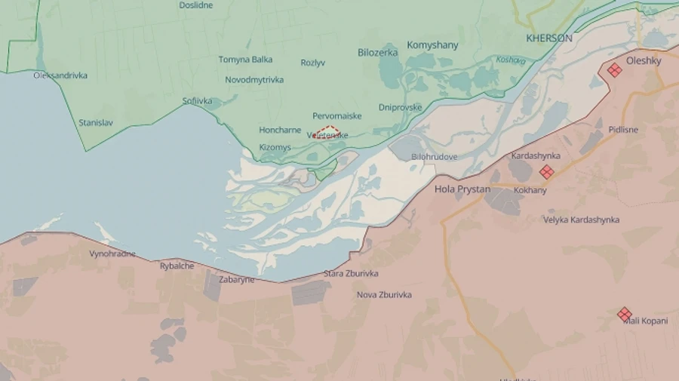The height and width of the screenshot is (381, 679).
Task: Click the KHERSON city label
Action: coord(548,38)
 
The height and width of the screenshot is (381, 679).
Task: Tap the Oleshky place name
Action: coord(643,61)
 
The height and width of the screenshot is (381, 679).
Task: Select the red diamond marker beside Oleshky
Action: coord(615,70)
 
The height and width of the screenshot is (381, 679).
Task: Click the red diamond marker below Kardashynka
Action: coord(546,172)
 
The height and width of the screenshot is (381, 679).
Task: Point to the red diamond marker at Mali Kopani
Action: coord(624,314)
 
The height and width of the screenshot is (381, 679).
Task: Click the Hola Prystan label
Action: coord(462,189)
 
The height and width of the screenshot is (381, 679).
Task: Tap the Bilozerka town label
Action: coord(378,52)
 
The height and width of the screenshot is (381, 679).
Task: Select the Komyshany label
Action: coord(432,45)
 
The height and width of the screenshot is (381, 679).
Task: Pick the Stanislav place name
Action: coord(96,122)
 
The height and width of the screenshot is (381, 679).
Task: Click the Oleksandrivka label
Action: coord(60,75)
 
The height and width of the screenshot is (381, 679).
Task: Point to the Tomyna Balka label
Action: coord(245,60)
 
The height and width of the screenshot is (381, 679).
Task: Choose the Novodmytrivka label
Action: coord(254,80)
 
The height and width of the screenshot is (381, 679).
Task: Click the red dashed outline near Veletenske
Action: coord(327,132)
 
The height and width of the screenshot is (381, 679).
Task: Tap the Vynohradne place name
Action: coord(112,253)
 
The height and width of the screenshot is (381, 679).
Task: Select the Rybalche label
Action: coord(177,266)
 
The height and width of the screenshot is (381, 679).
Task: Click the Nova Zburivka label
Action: coord(384,295)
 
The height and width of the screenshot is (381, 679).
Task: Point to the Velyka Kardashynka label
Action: coord(581,220)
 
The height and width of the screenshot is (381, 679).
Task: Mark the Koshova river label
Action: coord(510,60)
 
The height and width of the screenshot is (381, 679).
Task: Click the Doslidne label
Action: coord(195,5)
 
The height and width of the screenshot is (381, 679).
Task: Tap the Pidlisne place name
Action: coord(623,130)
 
